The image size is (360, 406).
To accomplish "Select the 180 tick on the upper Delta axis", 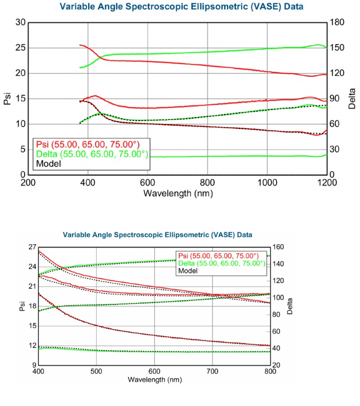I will click(339, 22).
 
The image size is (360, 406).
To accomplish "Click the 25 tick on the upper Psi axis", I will click(19, 48).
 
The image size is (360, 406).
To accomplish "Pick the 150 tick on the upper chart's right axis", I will click(339, 48).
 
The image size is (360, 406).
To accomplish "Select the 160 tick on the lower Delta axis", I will click(278, 247).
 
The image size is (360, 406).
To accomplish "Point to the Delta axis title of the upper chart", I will click(352, 98).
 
